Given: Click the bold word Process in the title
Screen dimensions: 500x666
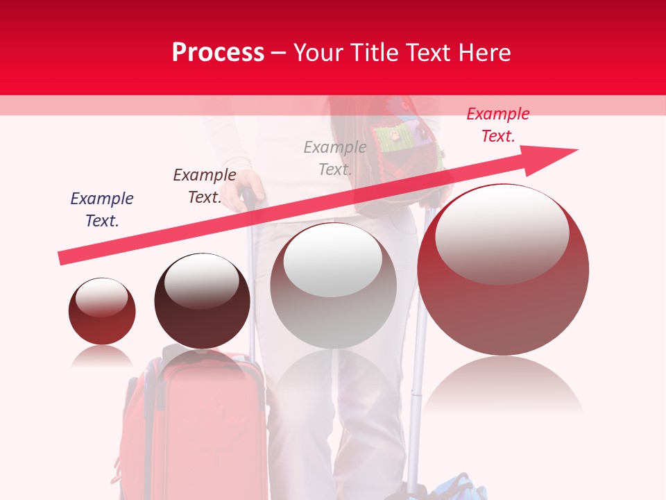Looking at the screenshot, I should tap(218, 53).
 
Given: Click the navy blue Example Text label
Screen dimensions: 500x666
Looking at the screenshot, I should tap(102, 210).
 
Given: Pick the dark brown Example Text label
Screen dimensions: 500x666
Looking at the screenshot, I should tap(205, 186).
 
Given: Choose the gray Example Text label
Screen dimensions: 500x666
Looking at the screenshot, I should tap(335, 158).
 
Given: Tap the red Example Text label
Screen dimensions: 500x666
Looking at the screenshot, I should tap(497, 125).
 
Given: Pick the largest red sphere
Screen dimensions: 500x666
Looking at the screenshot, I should tap(503, 306).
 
